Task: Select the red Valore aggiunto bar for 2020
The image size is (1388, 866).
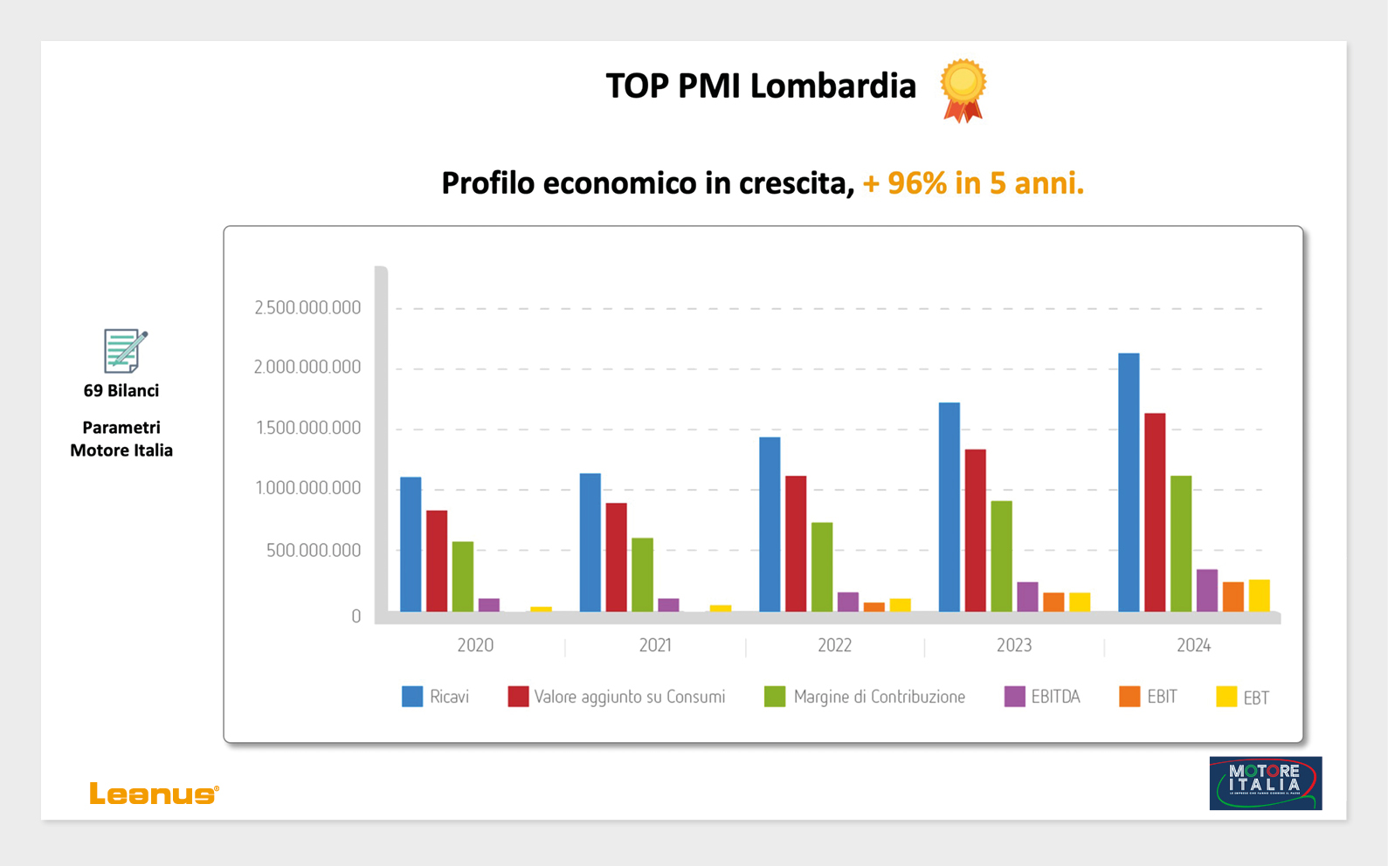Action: (437, 560)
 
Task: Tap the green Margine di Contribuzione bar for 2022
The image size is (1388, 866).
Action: (822, 567)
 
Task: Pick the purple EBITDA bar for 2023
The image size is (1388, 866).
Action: (1027, 596)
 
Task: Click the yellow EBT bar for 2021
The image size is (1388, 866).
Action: (721, 608)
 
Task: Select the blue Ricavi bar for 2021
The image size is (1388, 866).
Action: (590, 542)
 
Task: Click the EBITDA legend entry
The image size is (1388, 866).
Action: (1043, 697)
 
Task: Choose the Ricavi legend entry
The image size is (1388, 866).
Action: (436, 697)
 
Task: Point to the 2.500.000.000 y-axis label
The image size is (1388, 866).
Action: (307, 307)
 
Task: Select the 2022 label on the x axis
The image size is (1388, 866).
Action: (834, 645)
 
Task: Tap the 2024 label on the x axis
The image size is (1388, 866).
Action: (1193, 645)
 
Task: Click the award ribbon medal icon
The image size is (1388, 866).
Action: (963, 89)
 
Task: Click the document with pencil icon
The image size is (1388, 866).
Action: (124, 350)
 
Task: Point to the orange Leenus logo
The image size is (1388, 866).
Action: (154, 794)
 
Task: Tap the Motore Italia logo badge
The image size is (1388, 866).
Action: (1265, 783)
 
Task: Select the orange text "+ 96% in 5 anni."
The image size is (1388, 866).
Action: (973, 183)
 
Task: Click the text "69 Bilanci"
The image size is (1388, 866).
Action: (121, 391)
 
